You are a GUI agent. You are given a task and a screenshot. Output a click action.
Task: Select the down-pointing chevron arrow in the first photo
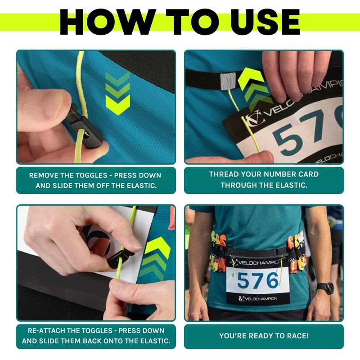(x=117, y=93)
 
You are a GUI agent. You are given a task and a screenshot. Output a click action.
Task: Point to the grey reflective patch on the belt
(x=228, y=81)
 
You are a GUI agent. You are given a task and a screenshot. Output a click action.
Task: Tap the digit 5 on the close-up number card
(x=285, y=138)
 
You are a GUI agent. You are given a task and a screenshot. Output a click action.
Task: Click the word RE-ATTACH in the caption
(x=47, y=331)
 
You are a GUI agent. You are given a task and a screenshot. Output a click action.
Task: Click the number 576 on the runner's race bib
(x=257, y=280)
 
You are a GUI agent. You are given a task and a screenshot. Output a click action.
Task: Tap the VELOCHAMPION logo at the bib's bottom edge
(x=257, y=299)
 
